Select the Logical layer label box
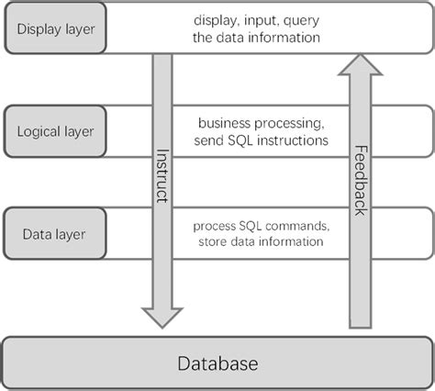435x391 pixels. [x=55, y=130]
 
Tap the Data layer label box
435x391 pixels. [x=55, y=233]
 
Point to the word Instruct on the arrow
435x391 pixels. [x=162, y=177]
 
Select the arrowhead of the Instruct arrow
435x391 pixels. [x=162, y=313]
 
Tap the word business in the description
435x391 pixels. [x=225, y=122]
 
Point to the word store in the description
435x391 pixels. [x=212, y=242]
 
